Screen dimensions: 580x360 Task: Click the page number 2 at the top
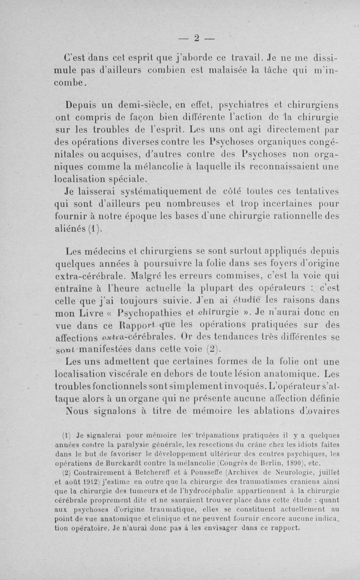(x=196, y=37)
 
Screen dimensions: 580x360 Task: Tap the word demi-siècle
(x=130, y=106)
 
